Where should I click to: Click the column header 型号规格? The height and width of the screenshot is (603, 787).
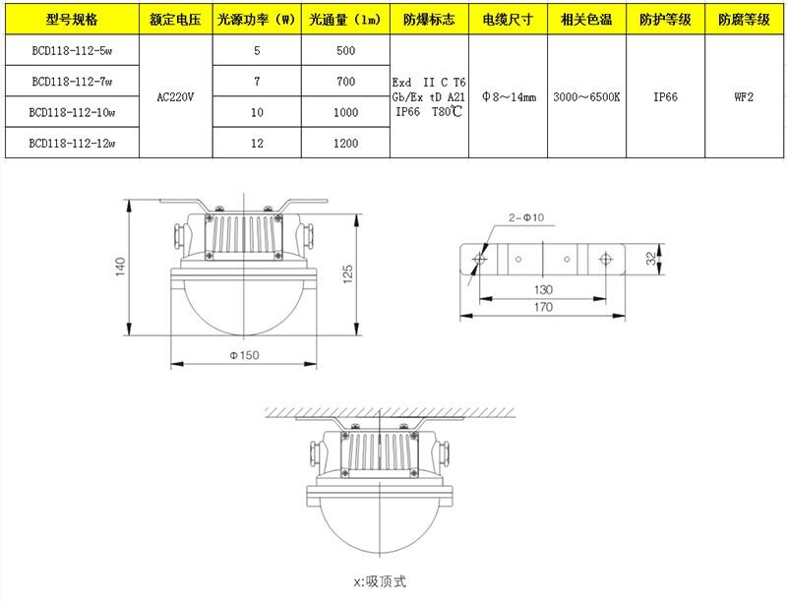[x=72, y=20]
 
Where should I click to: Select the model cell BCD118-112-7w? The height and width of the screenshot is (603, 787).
[x=72, y=82]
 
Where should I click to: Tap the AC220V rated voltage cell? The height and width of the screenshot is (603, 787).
[x=175, y=97]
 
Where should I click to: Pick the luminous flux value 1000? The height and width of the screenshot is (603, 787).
[x=346, y=112]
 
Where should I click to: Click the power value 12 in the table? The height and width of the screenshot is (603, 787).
[x=257, y=144]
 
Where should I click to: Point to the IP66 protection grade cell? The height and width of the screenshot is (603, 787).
[x=665, y=97]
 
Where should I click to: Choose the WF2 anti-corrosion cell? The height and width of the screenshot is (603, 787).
[x=744, y=97]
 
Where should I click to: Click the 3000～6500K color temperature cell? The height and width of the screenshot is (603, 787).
[x=586, y=97]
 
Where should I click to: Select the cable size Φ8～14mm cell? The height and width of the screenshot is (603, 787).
[x=509, y=97]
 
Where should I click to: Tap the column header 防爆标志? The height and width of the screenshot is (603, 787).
[x=429, y=20]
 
